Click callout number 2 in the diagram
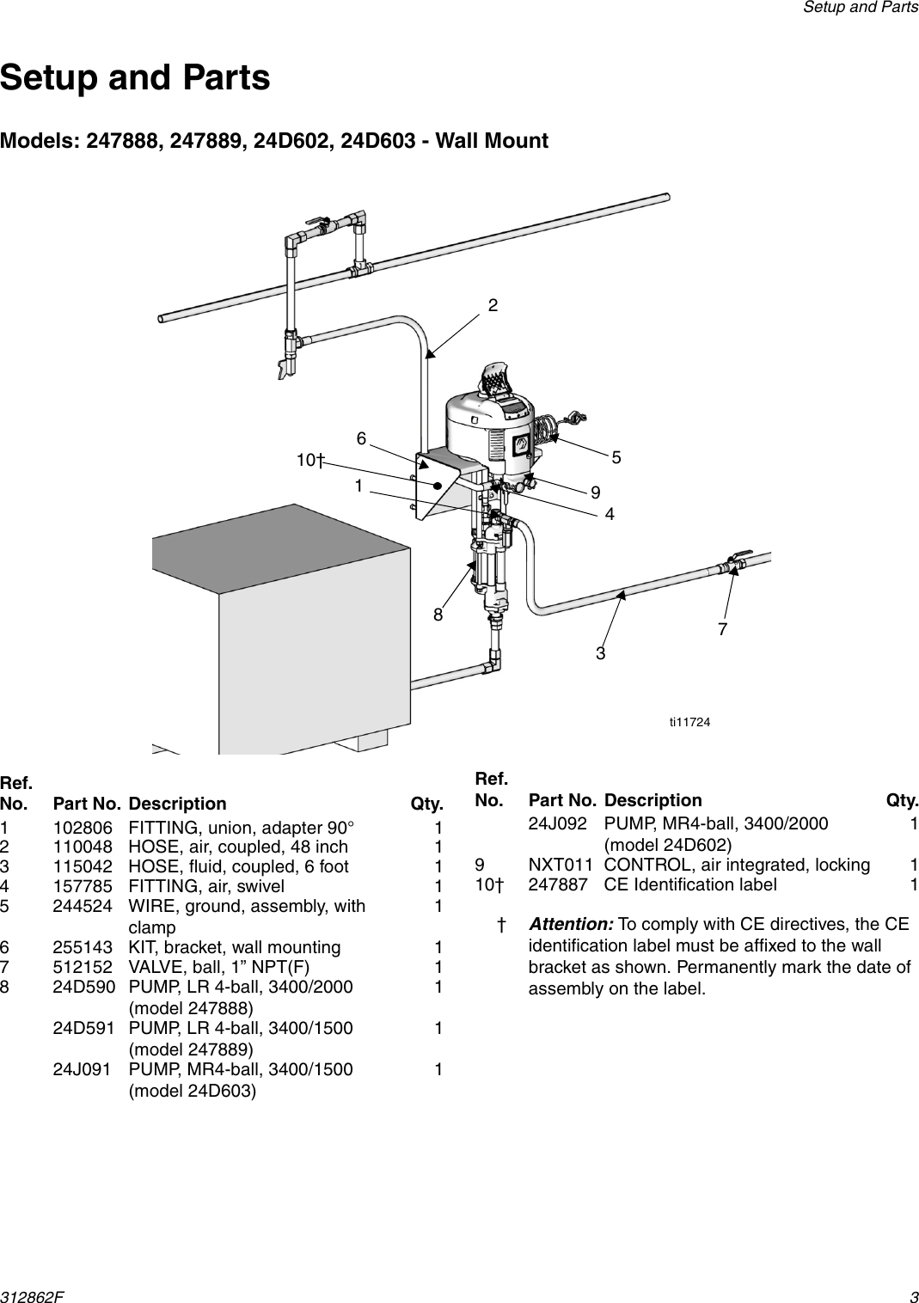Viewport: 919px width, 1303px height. point(493,305)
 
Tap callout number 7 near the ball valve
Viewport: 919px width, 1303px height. point(722,629)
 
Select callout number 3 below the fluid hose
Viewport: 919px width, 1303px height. point(600,653)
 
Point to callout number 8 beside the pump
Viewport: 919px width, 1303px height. point(438,615)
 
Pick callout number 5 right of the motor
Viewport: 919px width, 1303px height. point(616,457)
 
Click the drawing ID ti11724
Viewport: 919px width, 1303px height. point(689,723)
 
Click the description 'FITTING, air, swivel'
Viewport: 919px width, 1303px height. point(205,886)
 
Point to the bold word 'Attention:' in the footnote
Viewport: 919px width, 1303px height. point(570,924)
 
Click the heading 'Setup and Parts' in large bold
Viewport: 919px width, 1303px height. point(135,77)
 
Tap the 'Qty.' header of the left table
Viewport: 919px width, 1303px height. point(426,804)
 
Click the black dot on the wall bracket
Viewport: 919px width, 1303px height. point(438,485)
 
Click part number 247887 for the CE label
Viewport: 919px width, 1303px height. point(559,884)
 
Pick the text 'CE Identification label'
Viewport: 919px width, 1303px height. point(690,884)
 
